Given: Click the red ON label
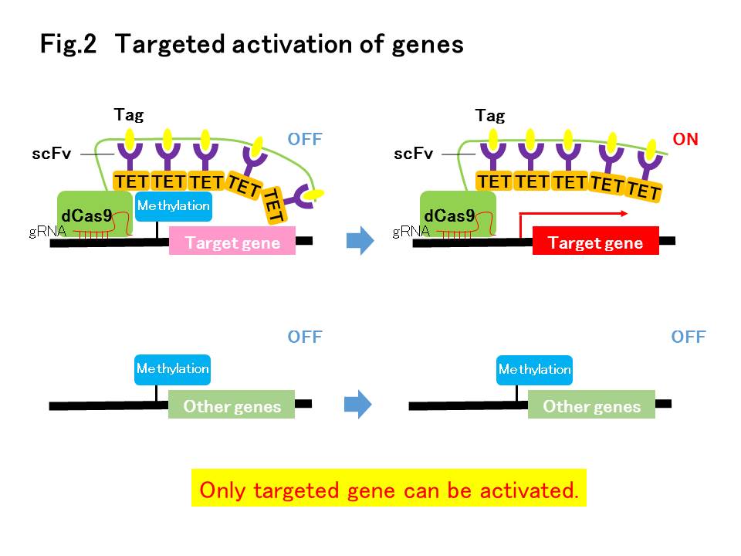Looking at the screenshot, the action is [x=685, y=139].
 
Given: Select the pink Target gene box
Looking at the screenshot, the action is [x=232, y=241].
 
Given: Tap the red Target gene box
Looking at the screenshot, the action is [x=595, y=241].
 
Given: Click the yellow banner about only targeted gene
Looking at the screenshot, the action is [x=388, y=488].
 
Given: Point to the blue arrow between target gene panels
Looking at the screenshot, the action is [x=360, y=241].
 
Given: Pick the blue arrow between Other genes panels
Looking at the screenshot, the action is [x=357, y=404].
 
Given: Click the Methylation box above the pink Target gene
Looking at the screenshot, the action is [x=174, y=206].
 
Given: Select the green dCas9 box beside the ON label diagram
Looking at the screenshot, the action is [x=458, y=214].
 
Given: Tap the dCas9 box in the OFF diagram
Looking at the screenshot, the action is [x=95, y=214].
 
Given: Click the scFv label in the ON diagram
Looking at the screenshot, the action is [x=413, y=153].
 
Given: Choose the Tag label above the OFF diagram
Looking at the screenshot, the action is [x=129, y=115].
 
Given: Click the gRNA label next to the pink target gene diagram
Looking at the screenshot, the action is [x=47, y=231].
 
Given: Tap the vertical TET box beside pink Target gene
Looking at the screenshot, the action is [x=274, y=205].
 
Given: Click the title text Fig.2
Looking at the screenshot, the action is [x=68, y=44].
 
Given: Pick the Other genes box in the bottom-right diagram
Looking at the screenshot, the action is [x=592, y=404].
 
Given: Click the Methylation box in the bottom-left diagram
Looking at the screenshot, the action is [x=172, y=370].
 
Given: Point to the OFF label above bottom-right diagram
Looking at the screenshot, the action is [x=688, y=337].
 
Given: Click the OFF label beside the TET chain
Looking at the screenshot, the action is [x=305, y=139].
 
